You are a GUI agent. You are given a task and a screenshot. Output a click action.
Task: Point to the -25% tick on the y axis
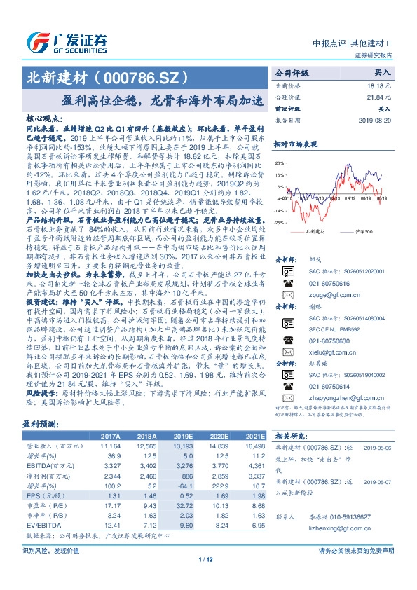point(280,222)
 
